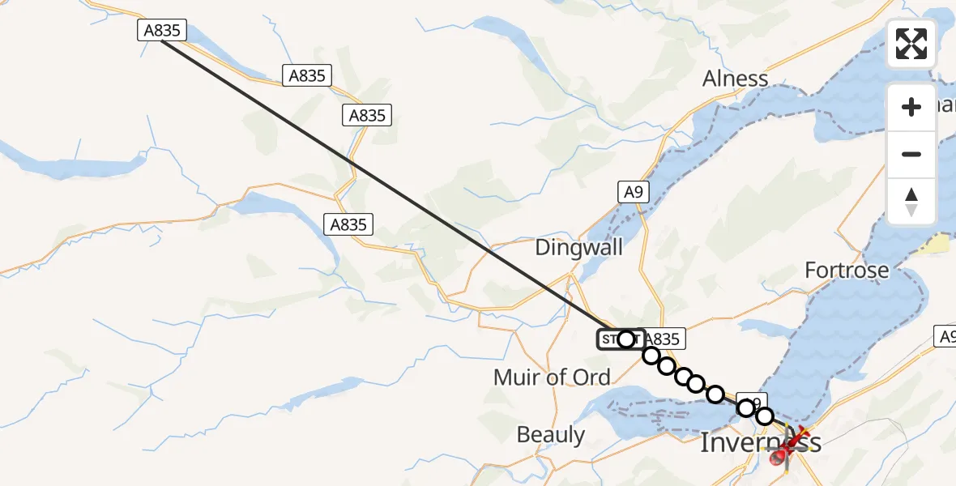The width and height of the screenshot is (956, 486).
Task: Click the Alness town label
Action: (x=735, y=79)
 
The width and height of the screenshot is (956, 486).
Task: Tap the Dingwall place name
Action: (x=579, y=247)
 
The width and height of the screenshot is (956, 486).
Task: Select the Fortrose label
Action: (x=847, y=270)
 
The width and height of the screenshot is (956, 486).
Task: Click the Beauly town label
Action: (x=551, y=435)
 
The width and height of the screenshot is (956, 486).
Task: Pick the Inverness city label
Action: (x=759, y=442)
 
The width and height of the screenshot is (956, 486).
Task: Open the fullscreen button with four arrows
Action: (x=911, y=44)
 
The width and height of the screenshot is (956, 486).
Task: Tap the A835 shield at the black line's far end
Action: (x=162, y=31)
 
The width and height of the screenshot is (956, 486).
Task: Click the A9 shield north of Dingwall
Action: (x=634, y=192)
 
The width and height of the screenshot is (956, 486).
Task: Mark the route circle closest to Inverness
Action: (x=765, y=416)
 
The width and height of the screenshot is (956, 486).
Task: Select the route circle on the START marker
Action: (x=626, y=339)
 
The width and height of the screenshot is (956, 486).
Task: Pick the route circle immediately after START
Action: (x=651, y=355)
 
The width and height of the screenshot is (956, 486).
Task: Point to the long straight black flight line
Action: (x=389, y=185)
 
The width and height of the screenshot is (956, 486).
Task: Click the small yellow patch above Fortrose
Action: (x=940, y=243)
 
